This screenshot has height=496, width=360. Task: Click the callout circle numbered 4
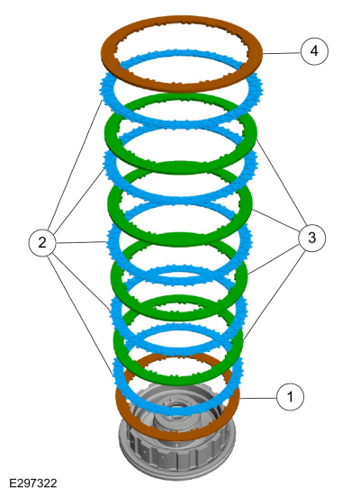314,51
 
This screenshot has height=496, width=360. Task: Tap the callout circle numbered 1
290,397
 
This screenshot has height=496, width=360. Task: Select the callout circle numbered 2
42,243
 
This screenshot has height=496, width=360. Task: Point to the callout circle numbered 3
312,238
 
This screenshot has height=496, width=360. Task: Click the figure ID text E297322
33,483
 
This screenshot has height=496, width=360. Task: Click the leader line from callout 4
282,53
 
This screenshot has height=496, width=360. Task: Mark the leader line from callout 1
257,398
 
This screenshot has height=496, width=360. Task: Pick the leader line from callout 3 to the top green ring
282,182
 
